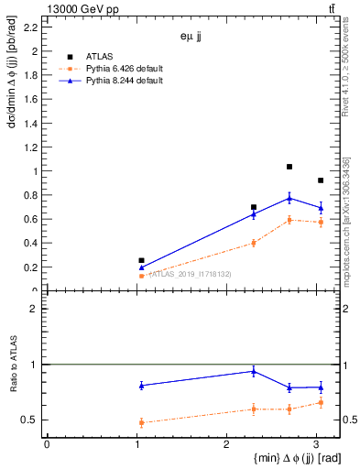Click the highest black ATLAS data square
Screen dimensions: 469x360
point(289,167)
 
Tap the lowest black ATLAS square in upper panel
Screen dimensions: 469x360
point(141,260)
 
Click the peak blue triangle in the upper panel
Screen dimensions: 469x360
point(289,198)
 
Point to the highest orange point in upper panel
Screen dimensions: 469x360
point(289,220)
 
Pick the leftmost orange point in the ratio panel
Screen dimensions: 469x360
point(141,422)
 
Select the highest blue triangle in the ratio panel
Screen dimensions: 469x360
point(254,371)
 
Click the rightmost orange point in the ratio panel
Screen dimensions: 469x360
point(320,402)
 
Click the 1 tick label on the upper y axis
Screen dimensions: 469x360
point(36,171)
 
